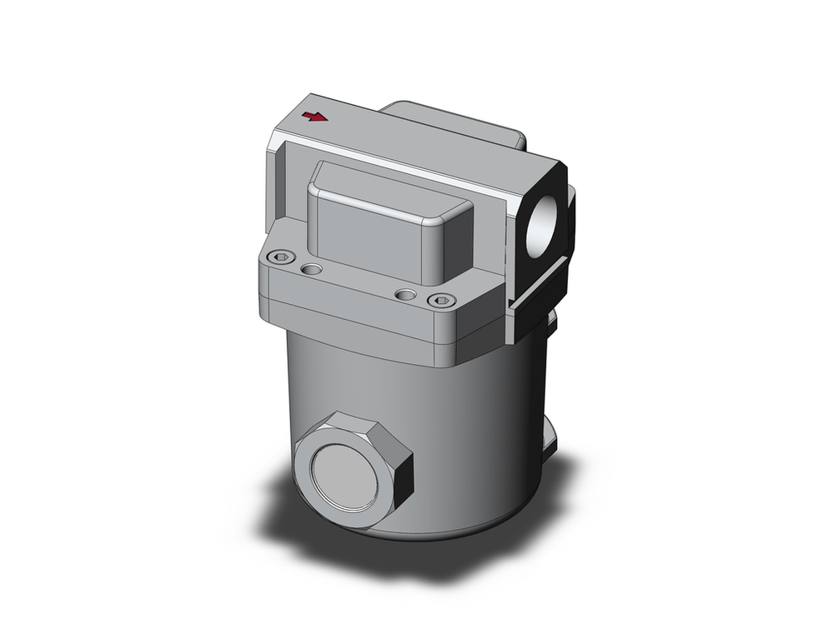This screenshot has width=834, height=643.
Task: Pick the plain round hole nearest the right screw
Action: tap(405, 294)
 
